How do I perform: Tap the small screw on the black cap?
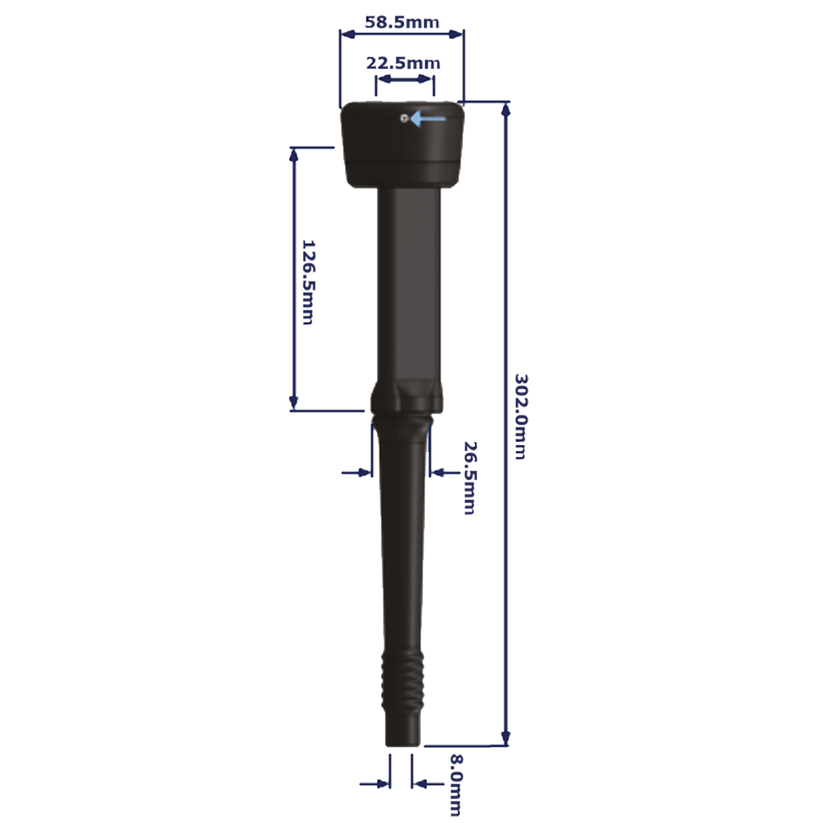pos(404,119)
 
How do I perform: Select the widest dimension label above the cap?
pos(403,22)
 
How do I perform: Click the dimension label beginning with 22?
pos(403,64)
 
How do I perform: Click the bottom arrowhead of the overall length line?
pos(505,736)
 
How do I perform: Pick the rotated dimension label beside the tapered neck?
pos(470,479)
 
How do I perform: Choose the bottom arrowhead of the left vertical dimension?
pos(294,403)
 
